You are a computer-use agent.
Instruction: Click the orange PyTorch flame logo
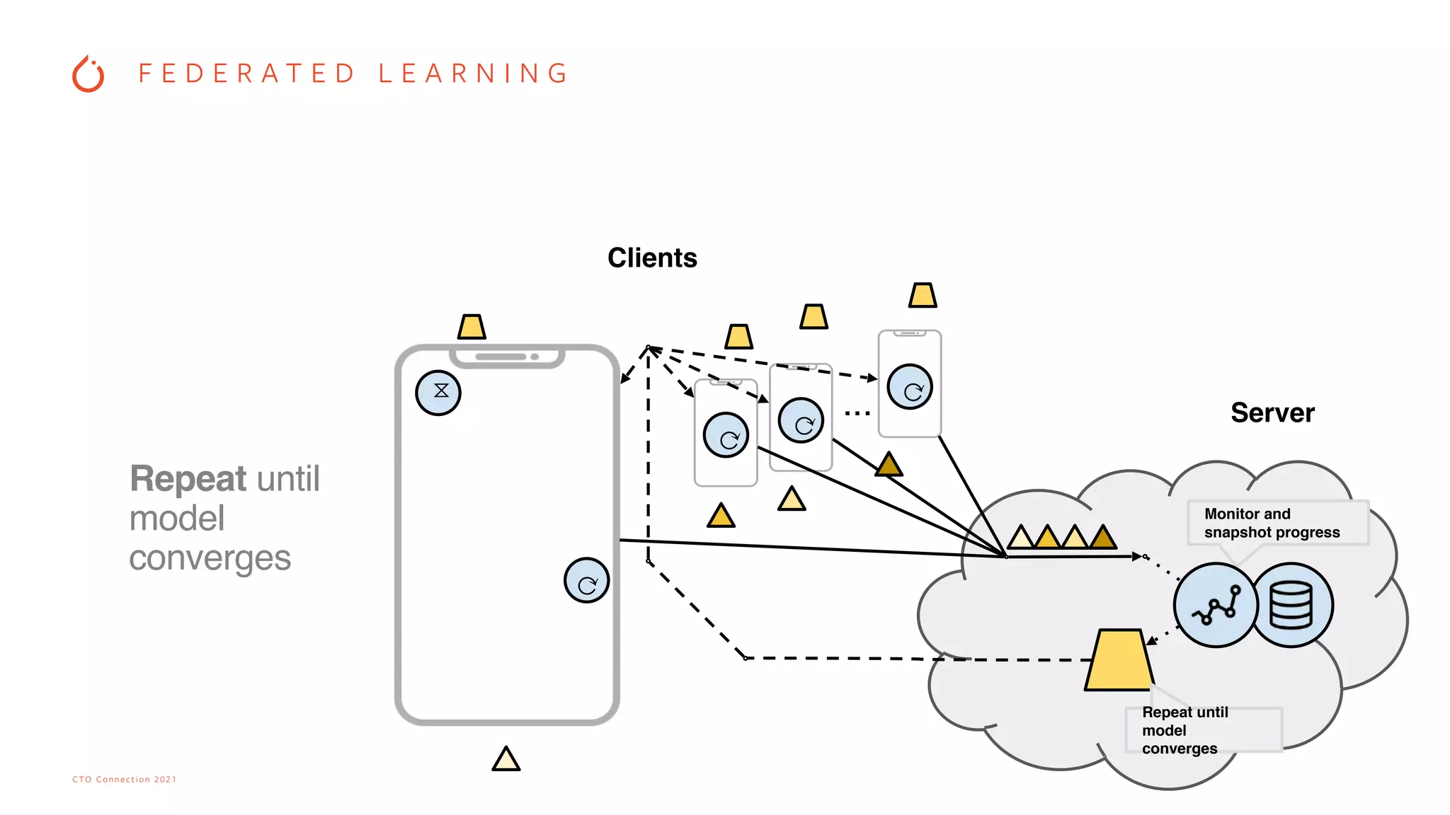pos(89,74)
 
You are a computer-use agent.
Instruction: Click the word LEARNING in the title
pos(473,74)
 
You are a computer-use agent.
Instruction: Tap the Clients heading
pos(652,258)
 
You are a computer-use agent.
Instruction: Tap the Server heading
pos(1272,413)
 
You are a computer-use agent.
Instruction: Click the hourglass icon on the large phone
pos(438,393)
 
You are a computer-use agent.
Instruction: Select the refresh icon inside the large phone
pos(587,581)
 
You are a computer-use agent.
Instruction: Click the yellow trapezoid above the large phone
pos(472,328)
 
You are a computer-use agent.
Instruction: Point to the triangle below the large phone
pos(506,760)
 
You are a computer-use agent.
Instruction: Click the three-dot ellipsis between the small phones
pos(857,413)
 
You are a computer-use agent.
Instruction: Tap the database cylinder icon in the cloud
pos(1291,606)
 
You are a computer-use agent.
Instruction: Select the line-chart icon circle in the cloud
pos(1216,606)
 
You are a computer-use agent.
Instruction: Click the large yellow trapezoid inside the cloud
pos(1119,661)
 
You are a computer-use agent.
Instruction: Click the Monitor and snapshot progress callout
pos(1272,523)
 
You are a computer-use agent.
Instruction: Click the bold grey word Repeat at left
pos(188,479)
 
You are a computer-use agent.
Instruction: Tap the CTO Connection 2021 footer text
pos(125,779)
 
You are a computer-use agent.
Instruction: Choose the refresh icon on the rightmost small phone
pos(910,387)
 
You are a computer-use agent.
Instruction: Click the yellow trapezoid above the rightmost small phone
pos(923,295)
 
